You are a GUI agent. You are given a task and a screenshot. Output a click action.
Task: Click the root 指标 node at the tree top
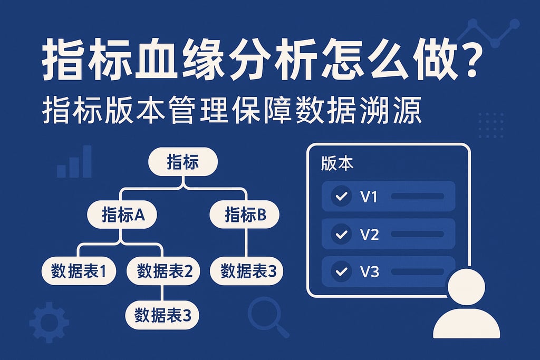[x=182, y=162]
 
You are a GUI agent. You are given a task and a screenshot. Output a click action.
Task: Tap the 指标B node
[x=244, y=215]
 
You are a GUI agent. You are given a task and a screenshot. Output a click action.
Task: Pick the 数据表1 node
[x=79, y=271]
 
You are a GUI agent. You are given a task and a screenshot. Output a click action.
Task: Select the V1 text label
[x=369, y=197]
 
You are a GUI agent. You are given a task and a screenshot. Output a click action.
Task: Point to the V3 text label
[x=369, y=272]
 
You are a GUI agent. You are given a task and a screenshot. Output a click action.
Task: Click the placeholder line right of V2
[x=417, y=234]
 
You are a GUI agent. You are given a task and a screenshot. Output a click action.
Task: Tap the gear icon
[x=49, y=322]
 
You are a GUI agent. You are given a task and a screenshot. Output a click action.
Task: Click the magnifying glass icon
[x=265, y=315]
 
